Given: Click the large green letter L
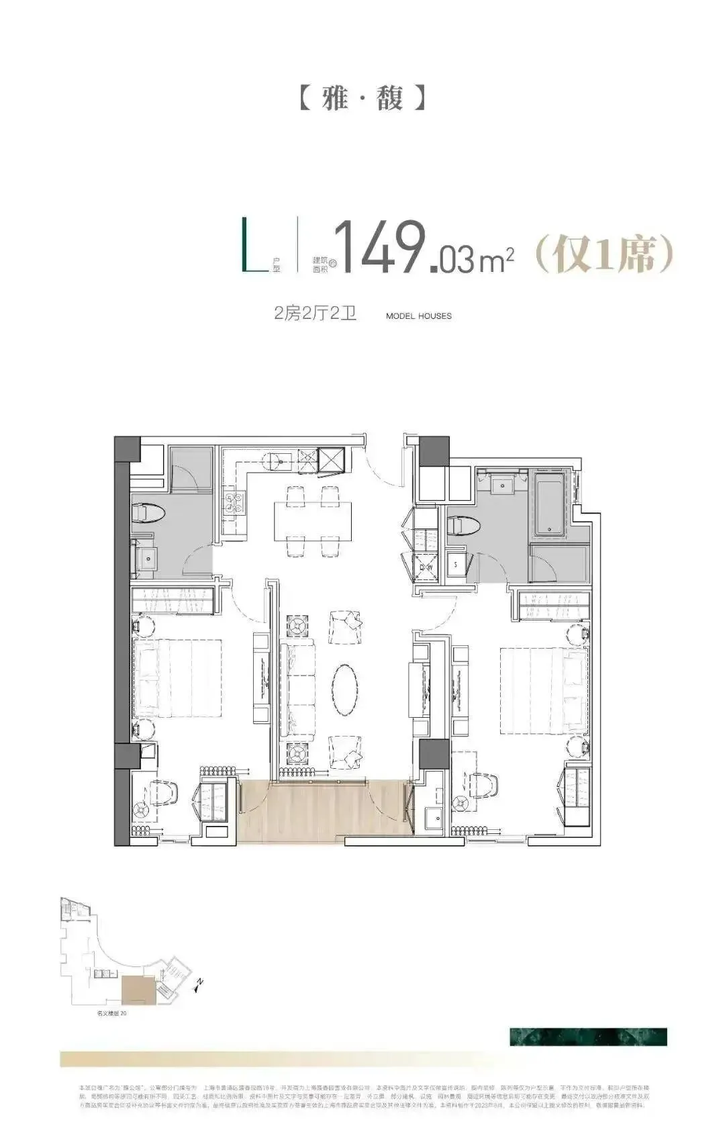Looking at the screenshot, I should [x=254, y=246].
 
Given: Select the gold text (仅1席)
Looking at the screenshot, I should [x=603, y=253].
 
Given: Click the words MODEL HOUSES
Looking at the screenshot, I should [x=419, y=316].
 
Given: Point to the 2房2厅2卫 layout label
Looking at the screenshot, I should [x=315, y=314].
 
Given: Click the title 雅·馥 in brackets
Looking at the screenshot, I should [x=362, y=98].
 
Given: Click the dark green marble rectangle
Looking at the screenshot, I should [x=588, y=1036].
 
